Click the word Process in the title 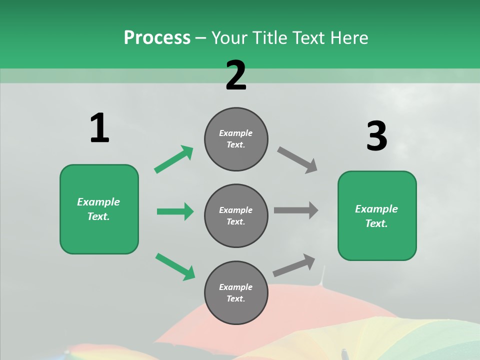(157, 38)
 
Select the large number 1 (99, 128)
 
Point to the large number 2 (236, 76)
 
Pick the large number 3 (376, 136)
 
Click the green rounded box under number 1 (99, 209)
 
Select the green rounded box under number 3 (377, 216)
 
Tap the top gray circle (236, 139)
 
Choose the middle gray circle (236, 216)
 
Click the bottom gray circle (236, 293)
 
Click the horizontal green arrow (175, 211)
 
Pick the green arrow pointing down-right (175, 266)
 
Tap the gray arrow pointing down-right (297, 160)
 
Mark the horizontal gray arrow (296, 210)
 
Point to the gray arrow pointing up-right (294, 265)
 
